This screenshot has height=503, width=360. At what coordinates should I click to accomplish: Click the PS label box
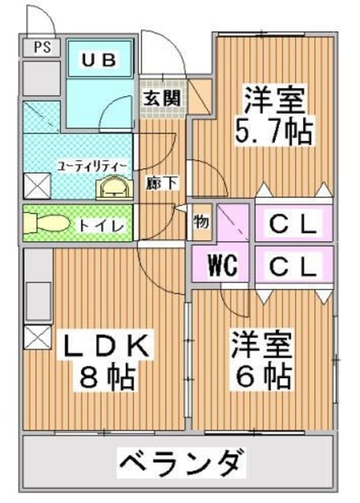tap(42, 46)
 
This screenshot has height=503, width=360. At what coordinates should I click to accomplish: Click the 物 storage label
tap(201, 222)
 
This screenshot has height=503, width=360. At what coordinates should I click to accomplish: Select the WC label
tap(222, 263)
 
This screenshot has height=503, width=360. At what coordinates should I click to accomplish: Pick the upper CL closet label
tap(293, 225)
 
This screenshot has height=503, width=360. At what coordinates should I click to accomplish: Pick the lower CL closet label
tap(293, 264)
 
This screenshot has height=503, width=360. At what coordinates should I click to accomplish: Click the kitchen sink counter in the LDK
tap(37, 295)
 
